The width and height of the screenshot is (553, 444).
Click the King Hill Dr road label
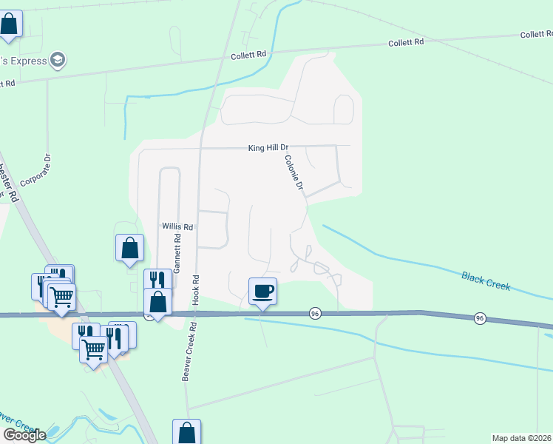(267, 149)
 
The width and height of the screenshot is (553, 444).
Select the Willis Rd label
(177, 227)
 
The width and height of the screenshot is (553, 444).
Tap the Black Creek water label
(486, 280)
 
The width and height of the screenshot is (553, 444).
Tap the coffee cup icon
(262, 290)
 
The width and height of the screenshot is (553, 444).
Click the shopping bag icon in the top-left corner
(9, 24)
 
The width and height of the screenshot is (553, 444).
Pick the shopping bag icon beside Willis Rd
(130, 247)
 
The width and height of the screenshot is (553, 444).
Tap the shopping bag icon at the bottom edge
(187, 432)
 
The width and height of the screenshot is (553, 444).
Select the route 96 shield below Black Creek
(481, 318)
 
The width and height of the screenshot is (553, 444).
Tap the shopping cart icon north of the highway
(62, 297)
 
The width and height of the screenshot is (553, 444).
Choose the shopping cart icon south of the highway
(94, 349)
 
